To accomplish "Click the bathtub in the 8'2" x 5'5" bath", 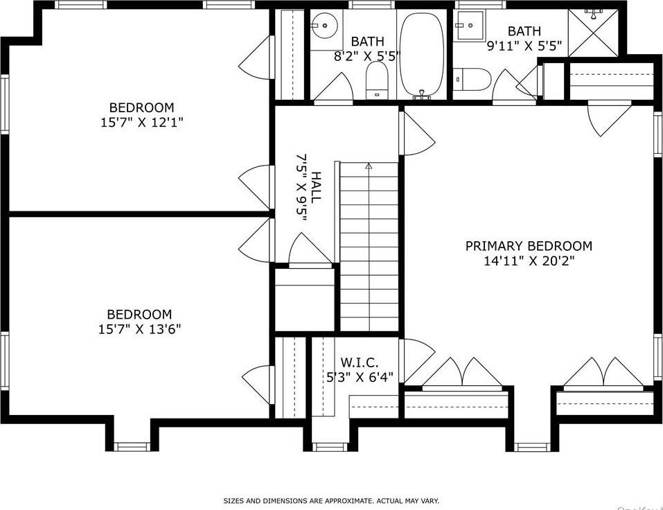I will pyautogui.click(x=423, y=55).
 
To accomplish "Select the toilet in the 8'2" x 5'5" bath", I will pyautogui.click(x=377, y=80).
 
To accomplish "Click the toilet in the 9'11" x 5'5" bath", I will pyautogui.click(x=474, y=79).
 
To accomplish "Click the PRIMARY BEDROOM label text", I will pyautogui.click(x=528, y=246).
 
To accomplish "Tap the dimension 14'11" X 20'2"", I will pyautogui.click(x=528, y=261).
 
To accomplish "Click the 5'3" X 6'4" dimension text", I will pyautogui.click(x=360, y=377).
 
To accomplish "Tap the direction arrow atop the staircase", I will pyautogui.click(x=369, y=166).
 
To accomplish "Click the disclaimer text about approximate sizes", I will pyautogui.click(x=330, y=500).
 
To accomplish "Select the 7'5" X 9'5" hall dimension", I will pyautogui.click(x=301, y=187).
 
